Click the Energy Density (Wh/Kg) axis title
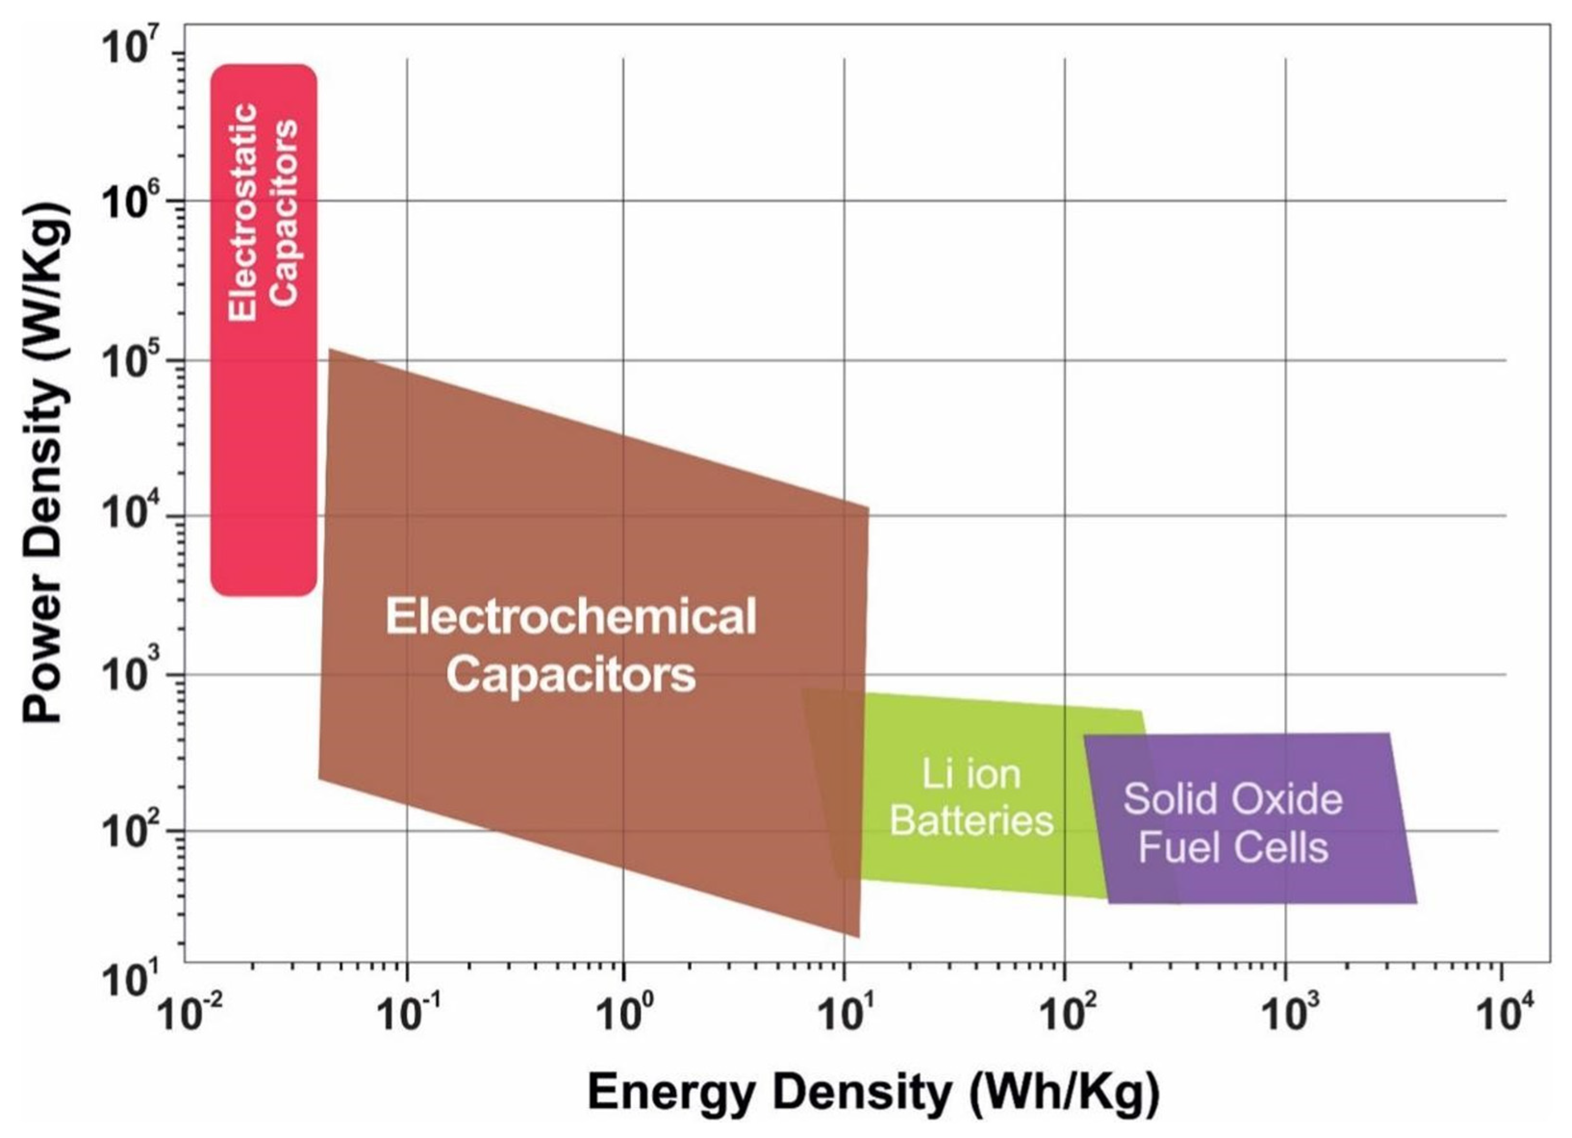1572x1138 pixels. [x=873, y=1093]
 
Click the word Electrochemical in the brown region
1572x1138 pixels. [x=570, y=616]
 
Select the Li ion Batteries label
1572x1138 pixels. [x=970, y=797]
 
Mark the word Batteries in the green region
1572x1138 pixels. [x=970, y=821]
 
